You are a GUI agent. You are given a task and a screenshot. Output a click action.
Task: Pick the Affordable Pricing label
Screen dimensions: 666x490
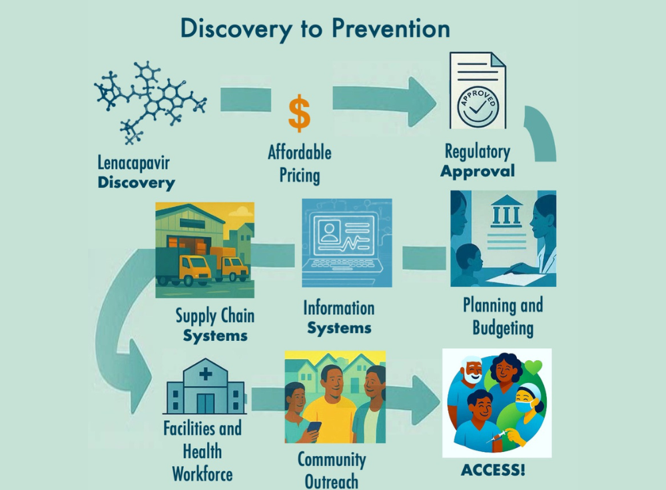coord(299,164)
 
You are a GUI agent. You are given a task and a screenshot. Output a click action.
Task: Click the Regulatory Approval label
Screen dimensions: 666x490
coord(478,160)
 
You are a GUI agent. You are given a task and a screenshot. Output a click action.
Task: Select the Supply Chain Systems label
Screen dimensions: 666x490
coord(214,324)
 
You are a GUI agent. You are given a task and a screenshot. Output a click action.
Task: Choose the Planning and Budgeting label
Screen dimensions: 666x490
coord(503,316)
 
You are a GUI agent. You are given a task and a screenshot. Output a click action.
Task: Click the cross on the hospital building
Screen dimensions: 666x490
coord(205,374)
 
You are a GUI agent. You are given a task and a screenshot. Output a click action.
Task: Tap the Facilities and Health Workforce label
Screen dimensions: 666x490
coord(202,450)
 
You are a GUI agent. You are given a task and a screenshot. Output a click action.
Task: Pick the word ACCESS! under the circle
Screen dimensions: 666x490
coord(493,470)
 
